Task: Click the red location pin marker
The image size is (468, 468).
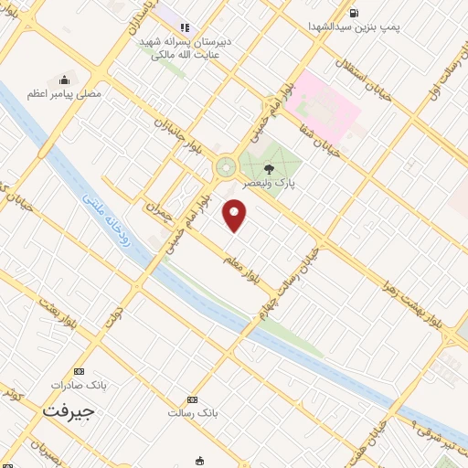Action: click(x=235, y=215)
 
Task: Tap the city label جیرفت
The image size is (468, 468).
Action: click(x=68, y=411)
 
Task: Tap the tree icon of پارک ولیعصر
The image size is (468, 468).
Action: click(x=268, y=169)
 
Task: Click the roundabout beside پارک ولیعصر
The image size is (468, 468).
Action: click(x=224, y=167)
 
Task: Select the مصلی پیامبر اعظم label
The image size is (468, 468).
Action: click(x=63, y=94)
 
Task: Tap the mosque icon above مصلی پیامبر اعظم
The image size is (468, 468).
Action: click(x=64, y=80)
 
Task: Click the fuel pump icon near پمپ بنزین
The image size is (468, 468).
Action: click(x=353, y=13)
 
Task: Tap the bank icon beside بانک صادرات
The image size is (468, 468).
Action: click(x=79, y=371)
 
